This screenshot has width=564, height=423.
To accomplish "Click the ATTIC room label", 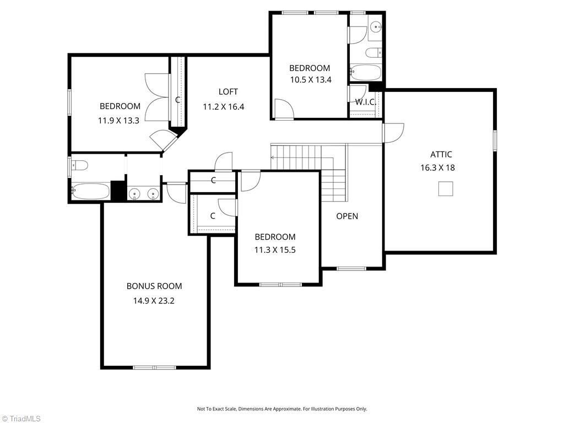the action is [x=441, y=154].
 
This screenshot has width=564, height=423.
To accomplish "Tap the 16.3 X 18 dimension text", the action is [x=438, y=167].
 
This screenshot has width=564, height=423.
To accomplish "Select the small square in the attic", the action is [x=446, y=189].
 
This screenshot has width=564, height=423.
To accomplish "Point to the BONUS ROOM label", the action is [x=154, y=286].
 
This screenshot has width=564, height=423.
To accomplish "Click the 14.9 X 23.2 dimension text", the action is [x=154, y=301].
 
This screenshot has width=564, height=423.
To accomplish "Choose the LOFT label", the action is [x=228, y=92].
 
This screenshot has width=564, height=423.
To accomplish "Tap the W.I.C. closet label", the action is [x=366, y=102].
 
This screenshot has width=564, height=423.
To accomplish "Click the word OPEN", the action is [x=347, y=216].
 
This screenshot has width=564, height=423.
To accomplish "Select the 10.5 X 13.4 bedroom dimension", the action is [x=311, y=80].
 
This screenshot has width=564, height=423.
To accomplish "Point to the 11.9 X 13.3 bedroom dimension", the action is [x=119, y=121].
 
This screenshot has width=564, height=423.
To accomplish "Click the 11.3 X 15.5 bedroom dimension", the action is [x=275, y=250].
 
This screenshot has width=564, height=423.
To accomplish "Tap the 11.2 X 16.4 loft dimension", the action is [x=224, y=107].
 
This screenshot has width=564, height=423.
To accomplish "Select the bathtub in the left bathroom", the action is [x=90, y=191].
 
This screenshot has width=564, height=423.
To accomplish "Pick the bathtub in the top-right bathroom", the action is [x=366, y=73].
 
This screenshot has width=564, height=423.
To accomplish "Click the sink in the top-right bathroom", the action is [x=376, y=26].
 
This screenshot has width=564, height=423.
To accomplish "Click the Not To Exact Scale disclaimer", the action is [x=282, y=409].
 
